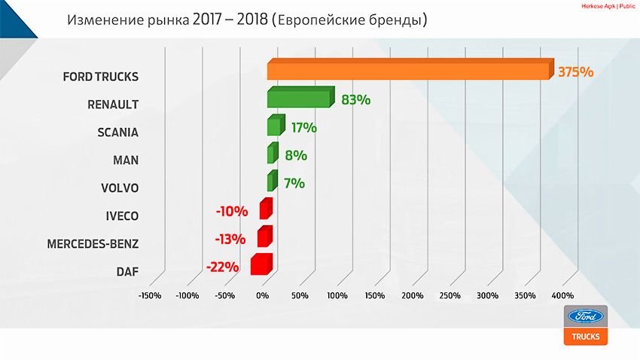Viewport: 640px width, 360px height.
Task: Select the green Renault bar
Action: [299, 99]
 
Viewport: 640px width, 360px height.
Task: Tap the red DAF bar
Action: [261, 264]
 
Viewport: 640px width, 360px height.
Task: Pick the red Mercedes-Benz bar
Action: [264, 237]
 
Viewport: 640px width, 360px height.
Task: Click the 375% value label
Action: [576, 72]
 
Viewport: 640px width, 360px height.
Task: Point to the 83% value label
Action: [355, 99]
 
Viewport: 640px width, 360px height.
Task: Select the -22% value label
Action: [222, 267]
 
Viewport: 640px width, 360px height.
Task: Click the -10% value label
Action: [231, 212]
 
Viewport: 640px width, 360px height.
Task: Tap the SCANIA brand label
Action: [118, 132]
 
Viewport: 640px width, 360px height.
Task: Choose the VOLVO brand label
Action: [120, 188]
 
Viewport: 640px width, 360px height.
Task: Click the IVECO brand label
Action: [122, 215]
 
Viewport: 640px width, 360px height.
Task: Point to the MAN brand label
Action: [125, 160]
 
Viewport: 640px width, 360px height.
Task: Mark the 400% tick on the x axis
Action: [562, 295]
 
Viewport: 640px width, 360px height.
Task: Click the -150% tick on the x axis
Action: [150, 295]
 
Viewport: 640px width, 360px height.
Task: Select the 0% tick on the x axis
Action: [262, 295]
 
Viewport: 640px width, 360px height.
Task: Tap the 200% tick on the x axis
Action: [412, 295]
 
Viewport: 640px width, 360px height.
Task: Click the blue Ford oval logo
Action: [585, 317]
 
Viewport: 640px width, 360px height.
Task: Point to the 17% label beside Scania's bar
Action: [304, 128]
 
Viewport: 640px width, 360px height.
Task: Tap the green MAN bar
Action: [272, 154]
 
